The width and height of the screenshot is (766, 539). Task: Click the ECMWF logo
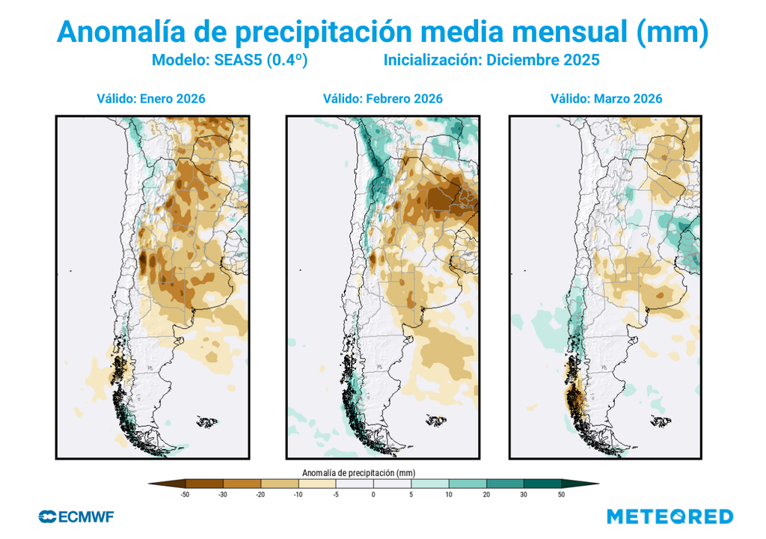coord(76,517)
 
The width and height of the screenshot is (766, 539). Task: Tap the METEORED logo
coord(670,517)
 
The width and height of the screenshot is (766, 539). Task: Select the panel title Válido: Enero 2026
coord(150,99)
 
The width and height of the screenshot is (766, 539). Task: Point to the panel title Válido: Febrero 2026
coord(382,99)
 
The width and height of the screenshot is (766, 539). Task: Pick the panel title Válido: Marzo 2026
coord(606,99)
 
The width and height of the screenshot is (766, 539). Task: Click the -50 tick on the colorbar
coord(185,495)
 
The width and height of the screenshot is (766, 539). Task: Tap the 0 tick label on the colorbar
coord(373,495)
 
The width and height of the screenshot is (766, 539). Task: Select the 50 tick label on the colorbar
coord(561,495)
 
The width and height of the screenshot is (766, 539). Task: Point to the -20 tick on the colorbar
coord(260,495)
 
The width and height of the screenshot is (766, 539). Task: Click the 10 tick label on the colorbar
coord(449,495)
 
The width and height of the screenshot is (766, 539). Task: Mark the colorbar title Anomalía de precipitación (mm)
coord(358,473)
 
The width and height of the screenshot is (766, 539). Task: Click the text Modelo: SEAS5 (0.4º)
coord(230,61)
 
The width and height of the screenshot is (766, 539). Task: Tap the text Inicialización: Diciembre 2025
coord(491,61)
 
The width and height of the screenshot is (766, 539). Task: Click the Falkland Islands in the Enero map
coord(206,423)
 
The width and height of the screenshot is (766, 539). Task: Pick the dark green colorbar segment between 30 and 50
coord(542,484)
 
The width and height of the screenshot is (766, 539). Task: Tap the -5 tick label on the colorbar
coord(335,495)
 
